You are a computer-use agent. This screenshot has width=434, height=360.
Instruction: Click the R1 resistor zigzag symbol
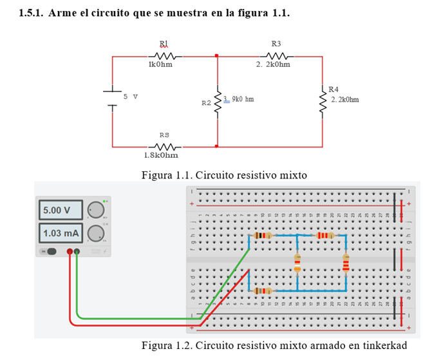[x=164, y=57]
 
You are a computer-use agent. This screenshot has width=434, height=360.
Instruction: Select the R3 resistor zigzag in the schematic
[x=276, y=57]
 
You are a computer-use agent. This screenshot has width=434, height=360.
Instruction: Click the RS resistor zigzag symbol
[x=164, y=146]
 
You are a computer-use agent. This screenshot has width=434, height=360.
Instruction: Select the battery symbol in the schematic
[x=113, y=100]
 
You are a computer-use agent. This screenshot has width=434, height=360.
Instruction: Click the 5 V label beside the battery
[x=131, y=96]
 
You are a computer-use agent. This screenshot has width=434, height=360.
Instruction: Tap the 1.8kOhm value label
[x=161, y=155]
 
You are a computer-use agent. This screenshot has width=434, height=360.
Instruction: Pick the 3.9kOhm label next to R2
[x=238, y=99]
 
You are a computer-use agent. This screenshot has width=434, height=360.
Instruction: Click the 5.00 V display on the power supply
[x=62, y=211]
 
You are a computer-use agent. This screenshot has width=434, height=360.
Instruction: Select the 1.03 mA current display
[x=62, y=232]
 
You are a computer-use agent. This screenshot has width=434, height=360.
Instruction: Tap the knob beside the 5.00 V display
[x=96, y=210]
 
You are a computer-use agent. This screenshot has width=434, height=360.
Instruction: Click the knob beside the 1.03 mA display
[x=96, y=232]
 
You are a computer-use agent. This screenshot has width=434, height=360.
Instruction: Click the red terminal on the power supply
[x=70, y=251]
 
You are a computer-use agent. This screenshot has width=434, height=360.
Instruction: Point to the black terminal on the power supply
[x=77, y=251]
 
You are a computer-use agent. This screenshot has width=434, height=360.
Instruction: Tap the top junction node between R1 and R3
[x=217, y=57]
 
